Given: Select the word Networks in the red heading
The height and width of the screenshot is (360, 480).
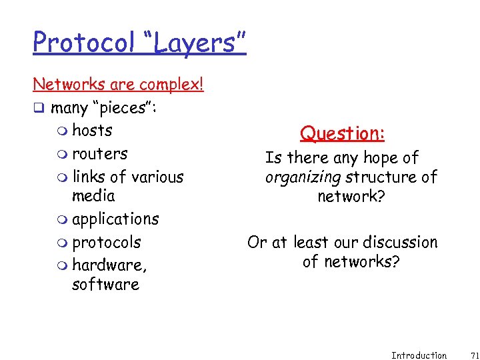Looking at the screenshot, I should [65, 85].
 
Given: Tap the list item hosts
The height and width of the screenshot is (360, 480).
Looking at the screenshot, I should [92, 130].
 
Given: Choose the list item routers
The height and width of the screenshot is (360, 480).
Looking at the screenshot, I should [99, 153].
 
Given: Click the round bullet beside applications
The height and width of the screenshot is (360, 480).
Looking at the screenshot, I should [63, 219].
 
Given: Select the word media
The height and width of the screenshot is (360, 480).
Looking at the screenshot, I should [93, 195].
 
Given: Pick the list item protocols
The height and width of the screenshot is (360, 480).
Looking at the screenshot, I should [106, 242].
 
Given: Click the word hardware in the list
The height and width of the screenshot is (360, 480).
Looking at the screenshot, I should [109, 265].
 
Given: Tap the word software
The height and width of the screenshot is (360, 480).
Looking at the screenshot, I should [105, 284].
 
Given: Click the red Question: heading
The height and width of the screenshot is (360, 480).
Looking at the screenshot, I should [342, 133].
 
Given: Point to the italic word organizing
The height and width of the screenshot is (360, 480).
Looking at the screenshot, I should [303, 177].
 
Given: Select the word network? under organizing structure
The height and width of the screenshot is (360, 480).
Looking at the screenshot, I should [351, 196].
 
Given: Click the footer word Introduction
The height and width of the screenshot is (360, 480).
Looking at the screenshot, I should [419, 355].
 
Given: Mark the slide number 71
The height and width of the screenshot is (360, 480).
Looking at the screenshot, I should [466, 355].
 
